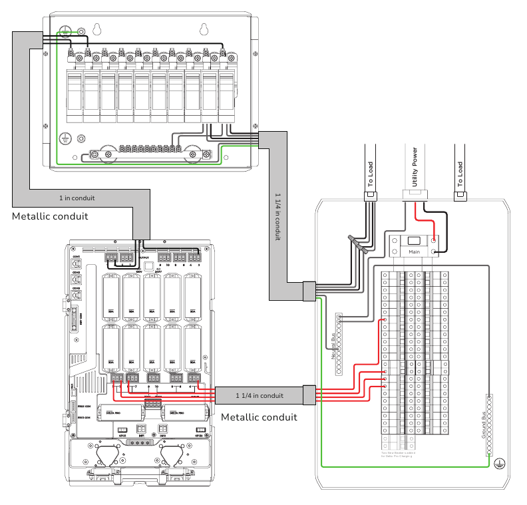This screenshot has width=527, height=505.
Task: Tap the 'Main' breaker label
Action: (415, 252)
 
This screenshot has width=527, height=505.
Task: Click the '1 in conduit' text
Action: (77, 198)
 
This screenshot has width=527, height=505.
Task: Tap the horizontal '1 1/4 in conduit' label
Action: (260, 395)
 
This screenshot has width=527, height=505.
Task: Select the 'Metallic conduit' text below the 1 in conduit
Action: (50, 217)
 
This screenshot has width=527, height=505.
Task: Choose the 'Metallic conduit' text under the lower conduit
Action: (259, 417)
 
